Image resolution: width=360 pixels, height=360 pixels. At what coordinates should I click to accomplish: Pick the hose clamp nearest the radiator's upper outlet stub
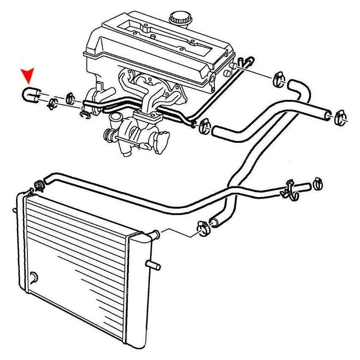click(x=202, y=229)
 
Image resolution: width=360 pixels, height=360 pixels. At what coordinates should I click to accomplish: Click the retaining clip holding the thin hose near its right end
click(x=291, y=189)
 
